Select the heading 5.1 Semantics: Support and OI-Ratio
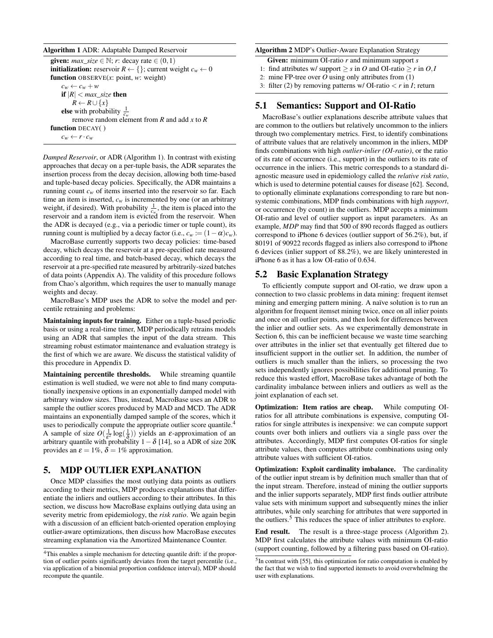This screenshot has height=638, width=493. click(335, 105)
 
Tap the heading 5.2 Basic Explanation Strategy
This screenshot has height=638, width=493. click(322, 274)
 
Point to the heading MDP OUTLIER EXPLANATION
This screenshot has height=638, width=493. click(130, 470)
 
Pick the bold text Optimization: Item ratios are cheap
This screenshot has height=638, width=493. click(314, 407)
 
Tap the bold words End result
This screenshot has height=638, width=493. click(272, 531)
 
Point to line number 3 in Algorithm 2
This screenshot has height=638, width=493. click(262, 86)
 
